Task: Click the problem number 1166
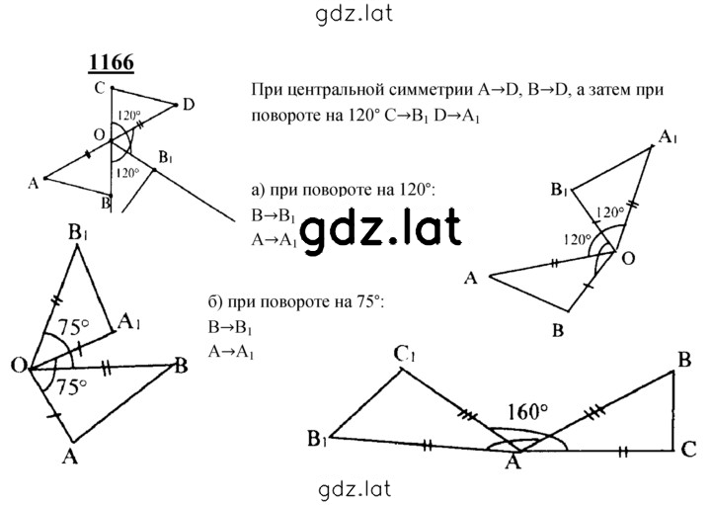pos(112,62)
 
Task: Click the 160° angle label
pos(527,412)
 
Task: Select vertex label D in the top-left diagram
pos(189,106)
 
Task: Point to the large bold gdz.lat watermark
pos(381,230)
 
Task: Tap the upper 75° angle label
pos(73,327)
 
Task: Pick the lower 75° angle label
pos(70,387)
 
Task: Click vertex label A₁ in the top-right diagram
pos(668,136)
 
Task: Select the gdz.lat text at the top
pos(354,14)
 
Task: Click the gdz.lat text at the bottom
pos(355,489)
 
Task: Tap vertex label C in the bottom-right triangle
pos(688,450)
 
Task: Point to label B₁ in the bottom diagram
pos(317,439)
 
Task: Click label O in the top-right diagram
pos(628,259)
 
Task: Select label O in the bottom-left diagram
pos(19,366)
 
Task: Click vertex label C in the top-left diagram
pos(100,88)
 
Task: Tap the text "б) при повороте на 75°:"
pos(296,302)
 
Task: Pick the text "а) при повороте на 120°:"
pos(344,190)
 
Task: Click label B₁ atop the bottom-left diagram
pos(78,233)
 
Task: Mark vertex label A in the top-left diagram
pos(34,183)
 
